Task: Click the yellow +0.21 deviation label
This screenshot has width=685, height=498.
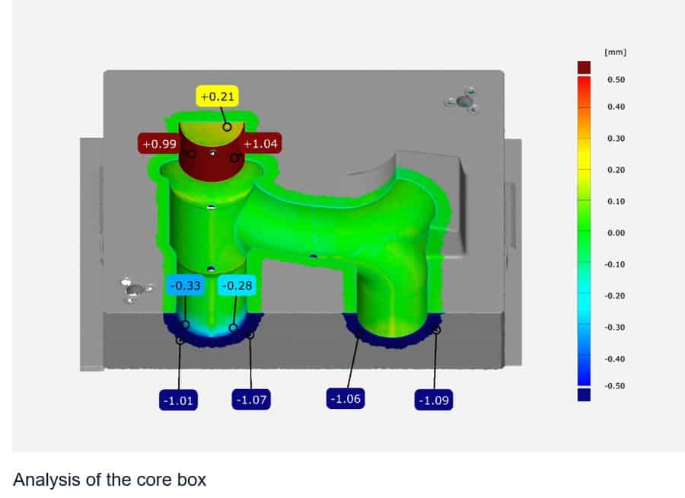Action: point(218,97)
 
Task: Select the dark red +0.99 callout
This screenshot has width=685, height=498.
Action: point(158,143)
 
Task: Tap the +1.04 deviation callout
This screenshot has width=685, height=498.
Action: point(261,143)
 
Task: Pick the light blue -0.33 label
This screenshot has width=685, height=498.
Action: point(185,286)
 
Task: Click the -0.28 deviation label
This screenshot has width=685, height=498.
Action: point(236,286)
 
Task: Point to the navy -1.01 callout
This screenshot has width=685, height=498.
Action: point(179,400)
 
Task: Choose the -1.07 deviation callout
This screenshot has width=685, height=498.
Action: point(251,400)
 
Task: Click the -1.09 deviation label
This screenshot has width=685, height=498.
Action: point(434,400)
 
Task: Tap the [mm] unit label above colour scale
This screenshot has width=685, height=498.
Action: point(615,53)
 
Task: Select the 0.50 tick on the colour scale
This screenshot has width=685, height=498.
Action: point(616,80)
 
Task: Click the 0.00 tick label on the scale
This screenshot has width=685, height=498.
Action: point(616,232)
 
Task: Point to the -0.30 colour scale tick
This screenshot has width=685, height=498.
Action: point(614,327)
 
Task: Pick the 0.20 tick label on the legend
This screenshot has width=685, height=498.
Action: point(616,169)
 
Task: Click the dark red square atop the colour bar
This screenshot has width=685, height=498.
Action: point(584,67)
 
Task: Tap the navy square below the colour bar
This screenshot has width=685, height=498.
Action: point(584,394)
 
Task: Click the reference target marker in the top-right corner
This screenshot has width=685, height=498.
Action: point(464,101)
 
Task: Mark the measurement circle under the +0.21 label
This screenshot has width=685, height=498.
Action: point(227,126)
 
